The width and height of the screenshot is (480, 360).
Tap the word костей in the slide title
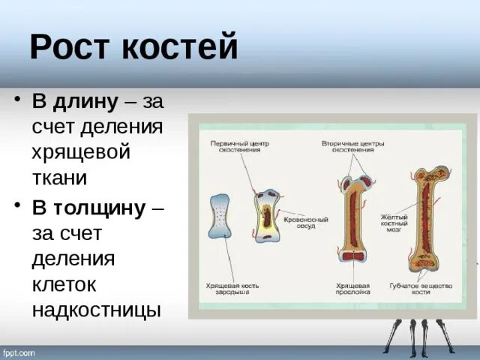pos(179,48)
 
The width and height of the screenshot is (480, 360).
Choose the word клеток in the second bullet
pos(70,283)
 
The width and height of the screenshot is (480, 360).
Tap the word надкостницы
pos(96,309)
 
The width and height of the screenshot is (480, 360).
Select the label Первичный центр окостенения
pos(239,146)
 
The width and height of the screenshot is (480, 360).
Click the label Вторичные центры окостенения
pos(348,146)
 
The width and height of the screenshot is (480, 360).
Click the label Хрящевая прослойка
pos(352,289)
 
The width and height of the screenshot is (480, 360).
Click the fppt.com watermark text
pos(19,352)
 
